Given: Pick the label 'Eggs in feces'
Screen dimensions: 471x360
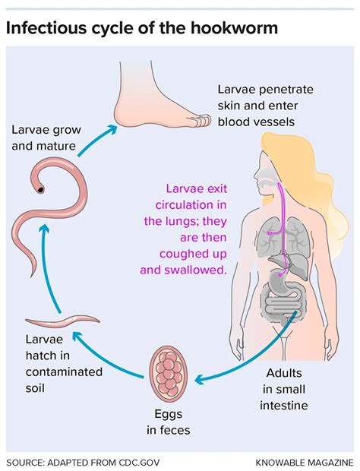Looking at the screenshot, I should [169, 422].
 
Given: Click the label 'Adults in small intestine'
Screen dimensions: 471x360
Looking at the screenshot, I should [286, 389].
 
